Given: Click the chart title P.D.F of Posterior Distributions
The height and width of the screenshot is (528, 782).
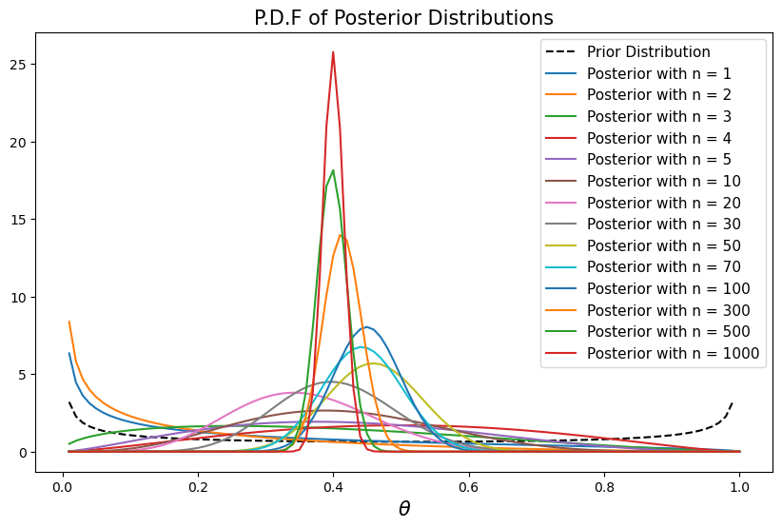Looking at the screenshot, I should pyautogui.click(x=403, y=18).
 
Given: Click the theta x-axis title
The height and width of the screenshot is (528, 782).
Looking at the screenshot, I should pyautogui.click(x=403, y=509).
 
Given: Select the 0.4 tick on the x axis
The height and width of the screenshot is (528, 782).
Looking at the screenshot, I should pyautogui.click(x=333, y=484).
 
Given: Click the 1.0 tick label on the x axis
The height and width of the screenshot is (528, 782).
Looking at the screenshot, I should pyautogui.click(x=739, y=484).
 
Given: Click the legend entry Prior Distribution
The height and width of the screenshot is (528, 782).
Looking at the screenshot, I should pyautogui.click(x=648, y=51).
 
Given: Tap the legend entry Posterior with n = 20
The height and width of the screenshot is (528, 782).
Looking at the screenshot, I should pyautogui.click(x=665, y=203).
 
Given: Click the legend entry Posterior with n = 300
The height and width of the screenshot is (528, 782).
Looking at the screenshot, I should pyautogui.click(x=669, y=310).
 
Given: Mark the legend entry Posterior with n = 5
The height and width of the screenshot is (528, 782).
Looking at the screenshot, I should pyautogui.click(x=661, y=159).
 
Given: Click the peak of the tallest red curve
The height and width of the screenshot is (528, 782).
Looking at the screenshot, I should pyautogui.click(x=333, y=51).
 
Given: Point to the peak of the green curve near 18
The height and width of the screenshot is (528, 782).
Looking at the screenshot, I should pyautogui.click(x=333, y=170).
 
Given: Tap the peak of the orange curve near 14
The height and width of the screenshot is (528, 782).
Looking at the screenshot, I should pyautogui.click(x=341, y=234).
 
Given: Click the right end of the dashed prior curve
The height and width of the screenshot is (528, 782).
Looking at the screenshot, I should pyautogui.click(x=733, y=401).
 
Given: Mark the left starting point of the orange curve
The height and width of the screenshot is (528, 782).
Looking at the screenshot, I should pyautogui.click(x=69, y=322).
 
